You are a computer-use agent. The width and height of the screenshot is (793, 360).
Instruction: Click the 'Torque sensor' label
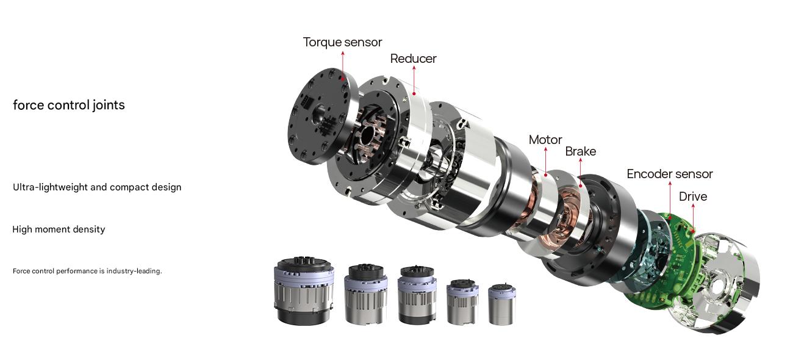pos(342,42)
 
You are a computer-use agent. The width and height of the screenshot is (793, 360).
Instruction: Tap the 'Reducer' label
pos(413,59)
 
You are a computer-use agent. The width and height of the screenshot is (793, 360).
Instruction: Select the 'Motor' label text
pos(545,140)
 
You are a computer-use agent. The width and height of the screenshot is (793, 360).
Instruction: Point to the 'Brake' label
pos(580,151)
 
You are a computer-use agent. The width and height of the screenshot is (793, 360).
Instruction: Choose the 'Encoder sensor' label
pos(669,174)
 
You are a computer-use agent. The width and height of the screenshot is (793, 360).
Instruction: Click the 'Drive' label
pos(692,196)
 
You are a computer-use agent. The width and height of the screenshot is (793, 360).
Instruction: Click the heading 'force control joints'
pos(69,105)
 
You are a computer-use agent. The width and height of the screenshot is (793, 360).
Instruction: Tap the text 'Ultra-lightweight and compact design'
pos(97,187)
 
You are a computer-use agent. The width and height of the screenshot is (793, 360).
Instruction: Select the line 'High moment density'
pos(59,229)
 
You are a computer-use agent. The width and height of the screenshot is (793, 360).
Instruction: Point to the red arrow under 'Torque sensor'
pos(343,64)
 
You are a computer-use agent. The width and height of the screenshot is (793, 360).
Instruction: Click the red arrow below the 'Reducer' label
pos(414,79)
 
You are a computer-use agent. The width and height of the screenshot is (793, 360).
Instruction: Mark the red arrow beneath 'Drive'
pos(692,218)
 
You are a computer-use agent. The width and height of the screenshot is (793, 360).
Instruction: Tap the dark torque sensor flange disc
pos(317,116)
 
